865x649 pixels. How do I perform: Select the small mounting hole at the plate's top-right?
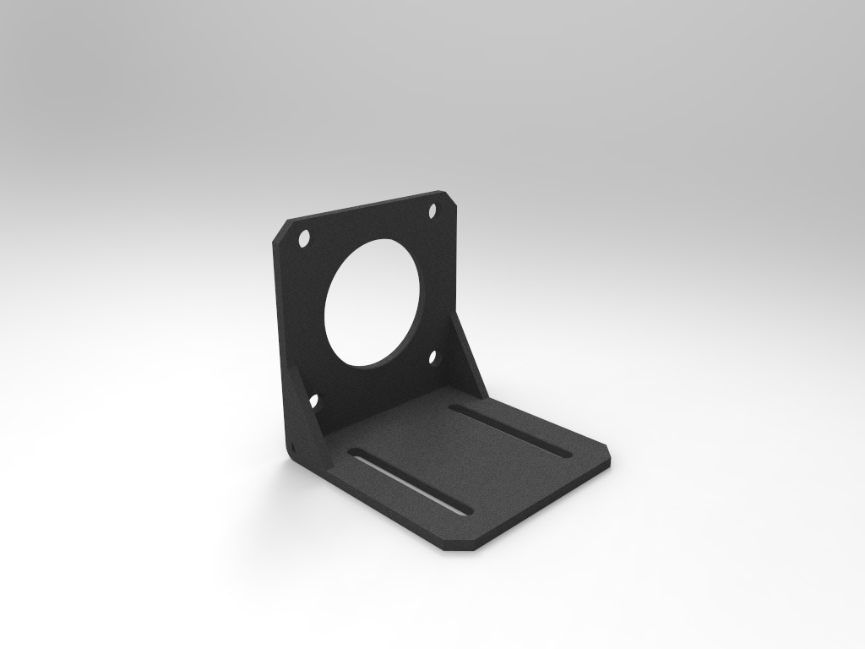(x=432, y=210)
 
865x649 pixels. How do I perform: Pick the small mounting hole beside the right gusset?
(x=435, y=357)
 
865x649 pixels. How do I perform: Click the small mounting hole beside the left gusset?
(x=313, y=401)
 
